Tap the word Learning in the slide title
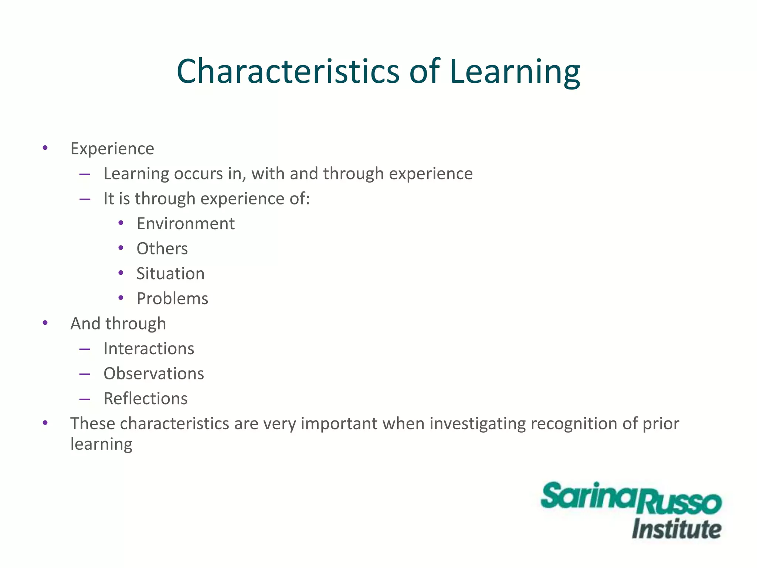pyautogui.click(x=515, y=72)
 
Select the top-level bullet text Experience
pyautogui.click(x=112, y=149)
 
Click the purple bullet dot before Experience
pyautogui.click(x=45, y=148)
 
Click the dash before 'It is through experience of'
pyautogui.click(x=85, y=199)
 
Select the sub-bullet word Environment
pyautogui.click(x=186, y=224)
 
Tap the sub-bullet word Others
pyautogui.click(x=162, y=248)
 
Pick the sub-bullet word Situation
pyautogui.click(x=170, y=274)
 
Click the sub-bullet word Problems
pyautogui.click(x=172, y=299)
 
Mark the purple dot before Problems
pyautogui.click(x=120, y=298)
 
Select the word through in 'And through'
pyautogui.click(x=136, y=324)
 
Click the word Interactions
pyautogui.click(x=149, y=349)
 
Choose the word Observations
pyautogui.click(x=153, y=374)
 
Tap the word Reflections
pyautogui.click(x=145, y=399)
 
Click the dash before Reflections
pyautogui.click(x=85, y=399)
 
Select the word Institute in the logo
pyautogui.click(x=676, y=529)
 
